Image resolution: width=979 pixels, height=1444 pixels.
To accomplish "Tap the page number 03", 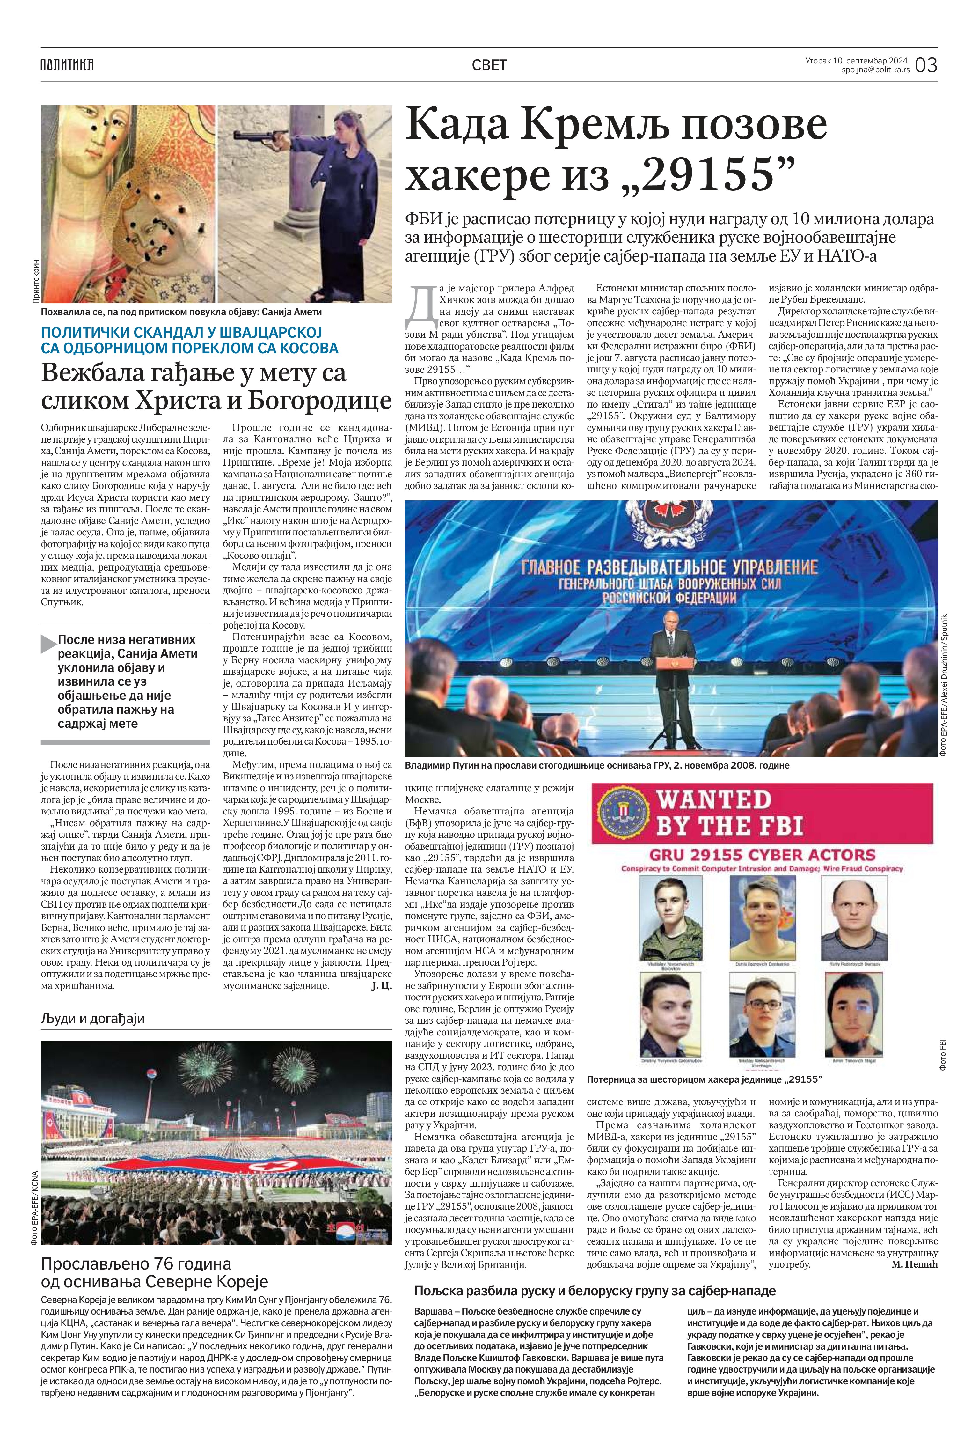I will [925, 65].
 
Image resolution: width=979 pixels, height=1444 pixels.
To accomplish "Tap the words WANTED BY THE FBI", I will [730, 812].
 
